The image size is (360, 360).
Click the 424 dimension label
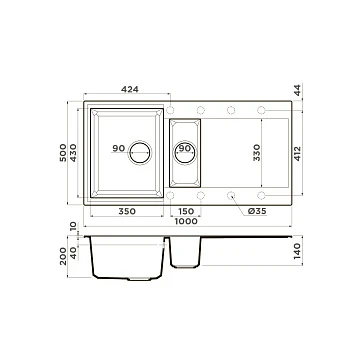click(130, 89)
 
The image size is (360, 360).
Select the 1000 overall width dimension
click(186, 221)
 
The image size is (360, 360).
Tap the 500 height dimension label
click(63, 153)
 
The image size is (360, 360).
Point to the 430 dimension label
click(73, 153)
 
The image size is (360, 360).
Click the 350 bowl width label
click(127, 211)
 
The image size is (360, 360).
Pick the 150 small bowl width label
click(186, 211)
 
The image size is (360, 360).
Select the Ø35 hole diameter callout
click(257, 211)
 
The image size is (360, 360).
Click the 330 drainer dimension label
click(256, 153)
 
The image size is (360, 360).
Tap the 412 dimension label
click(297, 153)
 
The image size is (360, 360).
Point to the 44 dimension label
click(297, 90)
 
